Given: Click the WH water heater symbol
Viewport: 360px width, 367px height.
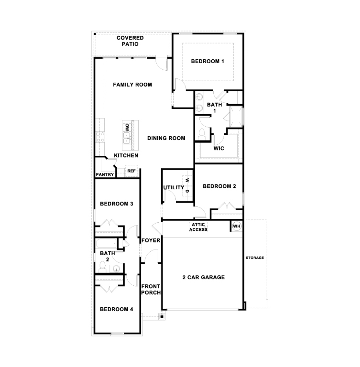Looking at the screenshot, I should [x=237, y=226].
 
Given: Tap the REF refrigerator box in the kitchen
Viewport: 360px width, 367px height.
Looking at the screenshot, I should [x=131, y=171].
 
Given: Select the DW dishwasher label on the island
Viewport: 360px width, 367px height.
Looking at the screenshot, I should [x=127, y=128].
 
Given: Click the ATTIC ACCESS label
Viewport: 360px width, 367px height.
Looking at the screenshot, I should [x=198, y=227].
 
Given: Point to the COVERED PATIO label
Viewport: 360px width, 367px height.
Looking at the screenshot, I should [x=127, y=41].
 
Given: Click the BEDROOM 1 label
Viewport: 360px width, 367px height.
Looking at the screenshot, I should [x=207, y=61].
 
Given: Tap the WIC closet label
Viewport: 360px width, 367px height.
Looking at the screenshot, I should [x=219, y=148].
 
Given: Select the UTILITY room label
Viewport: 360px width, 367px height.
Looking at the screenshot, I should [x=174, y=188].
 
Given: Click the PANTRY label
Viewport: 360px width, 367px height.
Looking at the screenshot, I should [x=105, y=175].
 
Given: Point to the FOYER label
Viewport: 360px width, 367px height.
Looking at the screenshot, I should [x=151, y=240].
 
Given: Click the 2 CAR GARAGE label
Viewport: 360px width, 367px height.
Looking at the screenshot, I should [x=203, y=278].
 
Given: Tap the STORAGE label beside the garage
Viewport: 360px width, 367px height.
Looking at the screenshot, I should [x=255, y=258].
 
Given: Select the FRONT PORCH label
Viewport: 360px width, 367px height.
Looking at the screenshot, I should [x=151, y=289].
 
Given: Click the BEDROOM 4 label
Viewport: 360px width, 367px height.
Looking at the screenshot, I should [x=116, y=309].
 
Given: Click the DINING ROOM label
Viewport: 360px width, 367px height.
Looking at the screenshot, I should [x=166, y=139].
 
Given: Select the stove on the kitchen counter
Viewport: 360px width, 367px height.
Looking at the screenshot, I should [x=100, y=137].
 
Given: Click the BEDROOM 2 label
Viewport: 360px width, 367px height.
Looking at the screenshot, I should [x=219, y=186].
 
